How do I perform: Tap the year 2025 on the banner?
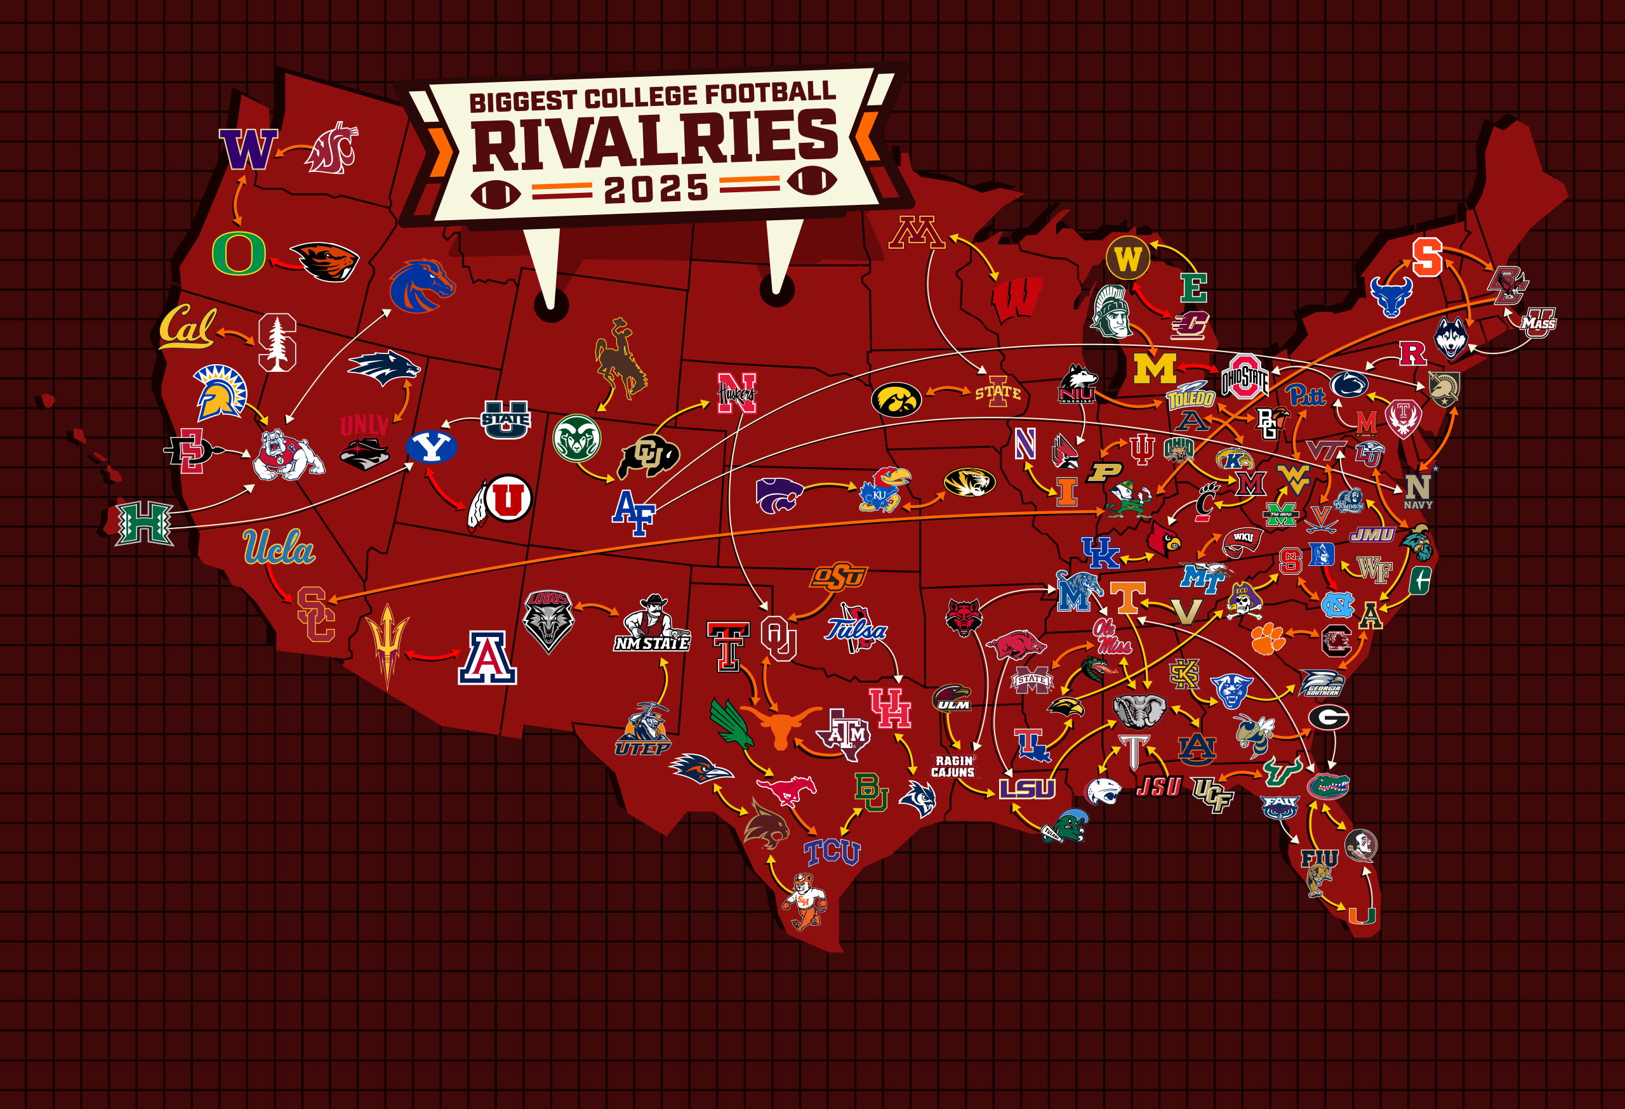(x=656, y=188)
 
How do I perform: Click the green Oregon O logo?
(x=239, y=253)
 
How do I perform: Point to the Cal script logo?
(x=187, y=326)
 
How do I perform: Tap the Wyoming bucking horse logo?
(x=620, y=359)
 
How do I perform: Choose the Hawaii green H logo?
(x=145, y=523)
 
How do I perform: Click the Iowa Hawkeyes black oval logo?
(x=896, y=399)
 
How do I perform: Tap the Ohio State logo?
(x=1245, y=378)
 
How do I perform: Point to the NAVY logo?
(x=1417, y=490)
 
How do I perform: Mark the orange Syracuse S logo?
(x=1427, y=257)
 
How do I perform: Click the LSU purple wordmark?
(x=1026, y=788)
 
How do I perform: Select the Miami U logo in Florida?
(x=1362, y=915)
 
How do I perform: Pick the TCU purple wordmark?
(x=832, y=852)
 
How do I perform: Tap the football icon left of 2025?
(x=495, y=194)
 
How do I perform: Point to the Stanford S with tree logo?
(x=277, y=343)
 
